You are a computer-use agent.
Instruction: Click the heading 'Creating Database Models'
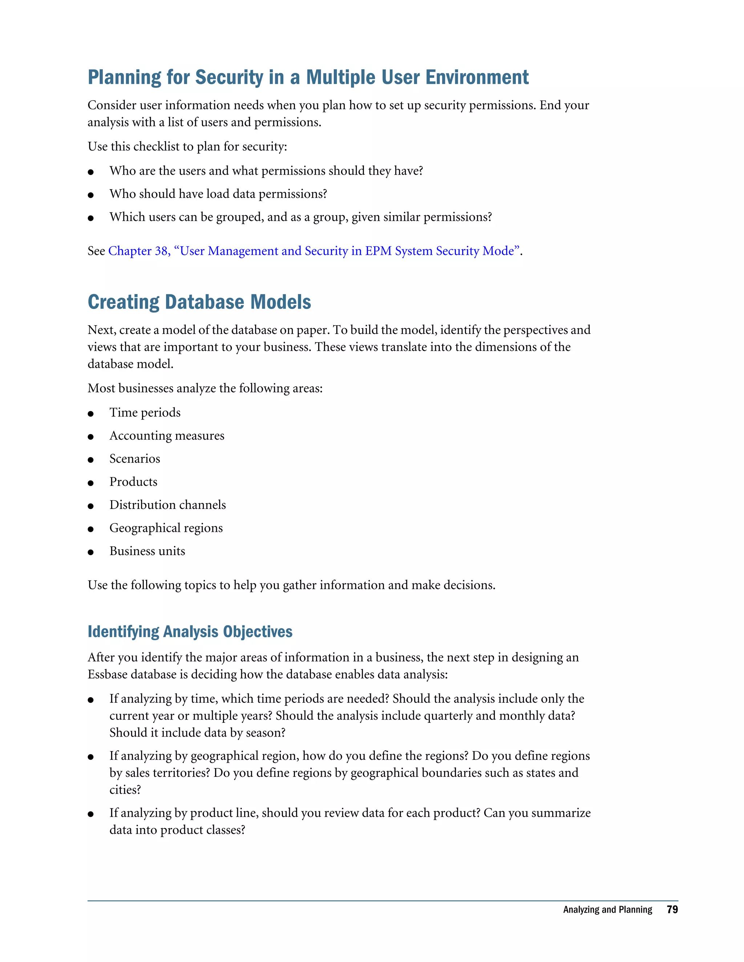point(199,302)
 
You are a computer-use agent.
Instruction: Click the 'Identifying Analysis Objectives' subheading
point(190,631)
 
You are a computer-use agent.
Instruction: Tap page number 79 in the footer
point(672,910)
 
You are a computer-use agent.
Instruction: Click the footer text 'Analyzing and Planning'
point(607,910)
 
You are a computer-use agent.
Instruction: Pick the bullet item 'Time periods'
point(145,412)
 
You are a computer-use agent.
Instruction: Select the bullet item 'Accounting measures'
point(167,436)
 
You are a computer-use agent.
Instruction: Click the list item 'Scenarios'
point(135,458)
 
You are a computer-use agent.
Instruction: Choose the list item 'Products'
point(133,482)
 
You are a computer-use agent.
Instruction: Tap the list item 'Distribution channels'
point(167,505)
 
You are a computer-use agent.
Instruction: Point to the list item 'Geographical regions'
point(166,528)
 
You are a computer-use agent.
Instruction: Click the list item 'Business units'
point(147,551)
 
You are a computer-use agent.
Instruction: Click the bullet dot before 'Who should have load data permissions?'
point(91,195)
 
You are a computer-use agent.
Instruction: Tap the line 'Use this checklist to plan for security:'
point(187,146)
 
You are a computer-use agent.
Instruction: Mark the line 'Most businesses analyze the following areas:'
point(205,388)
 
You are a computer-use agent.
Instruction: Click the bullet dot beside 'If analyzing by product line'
point(91,814)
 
